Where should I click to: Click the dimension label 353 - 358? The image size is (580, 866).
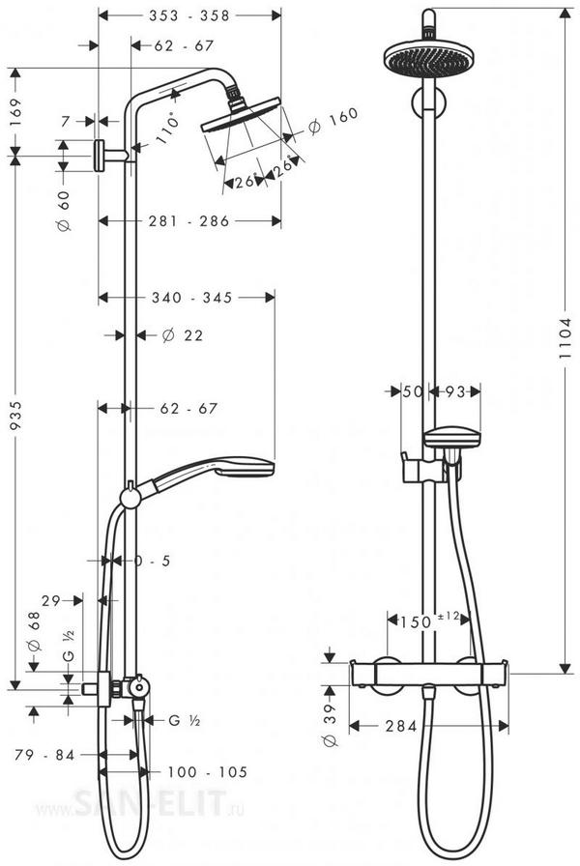(190, 16)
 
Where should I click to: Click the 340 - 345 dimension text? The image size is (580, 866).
(190, 299)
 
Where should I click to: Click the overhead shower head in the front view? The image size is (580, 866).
(423, 57)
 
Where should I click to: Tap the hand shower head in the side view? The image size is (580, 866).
(220, 473)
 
